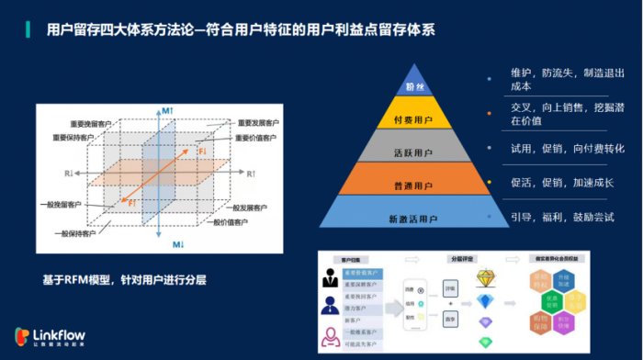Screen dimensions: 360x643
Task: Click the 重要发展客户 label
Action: point(257,122)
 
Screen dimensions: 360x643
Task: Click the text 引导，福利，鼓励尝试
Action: point(562,218)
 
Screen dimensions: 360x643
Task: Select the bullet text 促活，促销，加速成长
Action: point(562,183)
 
